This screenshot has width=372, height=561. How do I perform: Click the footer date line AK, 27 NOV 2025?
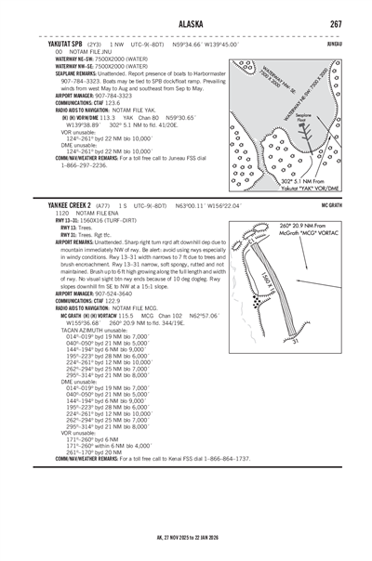[186, 537]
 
